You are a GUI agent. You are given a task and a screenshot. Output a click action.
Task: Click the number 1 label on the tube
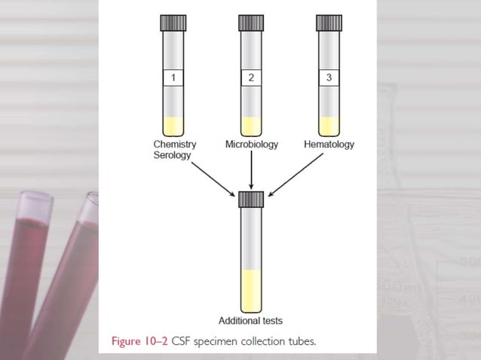(x=174, y=78)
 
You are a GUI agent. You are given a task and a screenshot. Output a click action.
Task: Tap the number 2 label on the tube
(x=251, y=78)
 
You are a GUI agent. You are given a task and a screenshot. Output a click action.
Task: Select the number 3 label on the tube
(x=328, y=78)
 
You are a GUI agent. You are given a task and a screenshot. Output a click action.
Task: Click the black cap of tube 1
(x=174, y=23)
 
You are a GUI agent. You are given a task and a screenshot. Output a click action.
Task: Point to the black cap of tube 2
(x=251, y=23)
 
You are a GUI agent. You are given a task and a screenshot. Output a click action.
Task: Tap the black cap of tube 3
(x=328, y=23)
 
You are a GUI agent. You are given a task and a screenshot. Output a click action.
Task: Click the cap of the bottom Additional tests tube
(x=251, y=200)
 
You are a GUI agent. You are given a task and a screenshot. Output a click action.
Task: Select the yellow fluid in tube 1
(x=174, y=126)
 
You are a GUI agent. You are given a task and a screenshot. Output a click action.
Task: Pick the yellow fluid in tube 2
(x=251, y=126)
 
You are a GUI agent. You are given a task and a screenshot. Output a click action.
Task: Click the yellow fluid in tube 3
(x=328, y=126)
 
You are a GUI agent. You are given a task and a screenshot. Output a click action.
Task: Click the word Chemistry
(x=174, y=144)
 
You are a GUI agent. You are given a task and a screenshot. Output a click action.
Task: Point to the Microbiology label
(x=251, y=144)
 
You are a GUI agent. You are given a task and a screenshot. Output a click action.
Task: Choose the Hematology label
(x=329, y=144)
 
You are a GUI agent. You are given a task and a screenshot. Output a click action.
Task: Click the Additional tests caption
(x=250, y=320)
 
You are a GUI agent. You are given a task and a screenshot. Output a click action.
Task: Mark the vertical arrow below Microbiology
(x=251, y=169)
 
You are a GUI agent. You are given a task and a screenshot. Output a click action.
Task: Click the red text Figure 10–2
(x=141, y=341)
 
